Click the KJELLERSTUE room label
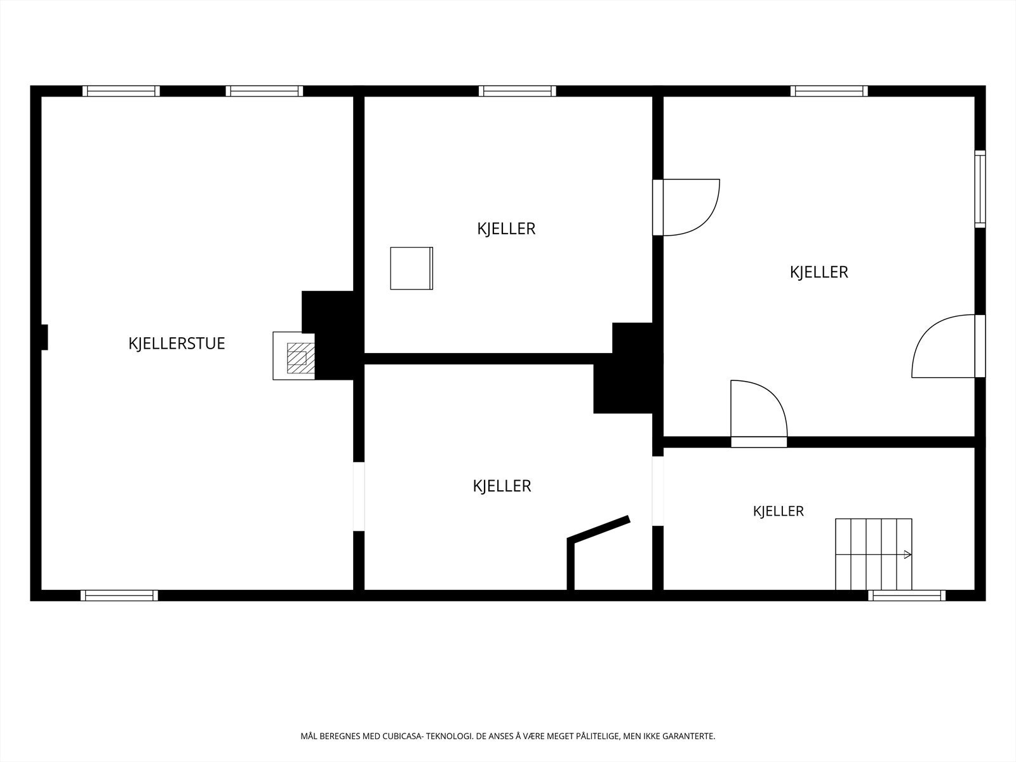[177, 344]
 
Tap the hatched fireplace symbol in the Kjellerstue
[300, 358]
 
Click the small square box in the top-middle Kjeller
[411, 269]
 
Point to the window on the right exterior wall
[980, 189]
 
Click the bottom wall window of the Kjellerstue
[119, 596]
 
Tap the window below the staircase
[907, 596]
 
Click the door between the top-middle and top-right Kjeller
[686, 207]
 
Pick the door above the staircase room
[759, 413]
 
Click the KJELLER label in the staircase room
[779, 511]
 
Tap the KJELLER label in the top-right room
[819, 272]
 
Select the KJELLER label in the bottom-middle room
[502, 486]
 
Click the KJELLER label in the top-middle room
[506, 229]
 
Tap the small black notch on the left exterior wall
[44, 337]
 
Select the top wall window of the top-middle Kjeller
[518, 91]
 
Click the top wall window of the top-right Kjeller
[829, 91]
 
